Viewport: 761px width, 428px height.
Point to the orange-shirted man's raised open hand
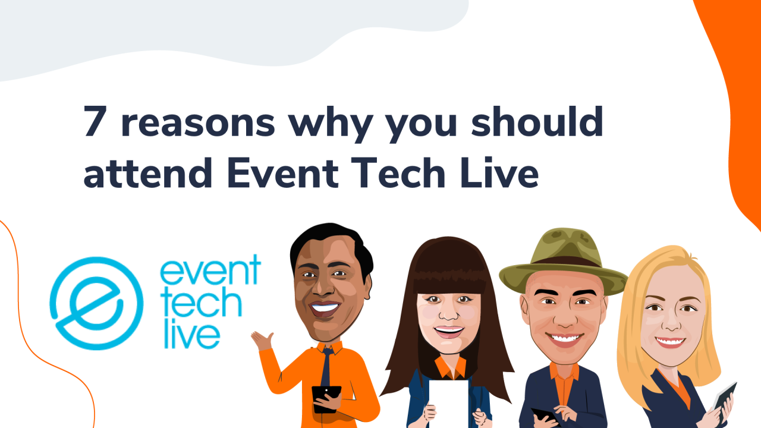(262, 341)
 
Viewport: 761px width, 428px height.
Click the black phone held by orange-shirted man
(326, 397)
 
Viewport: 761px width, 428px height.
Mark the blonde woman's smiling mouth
(671, 342)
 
